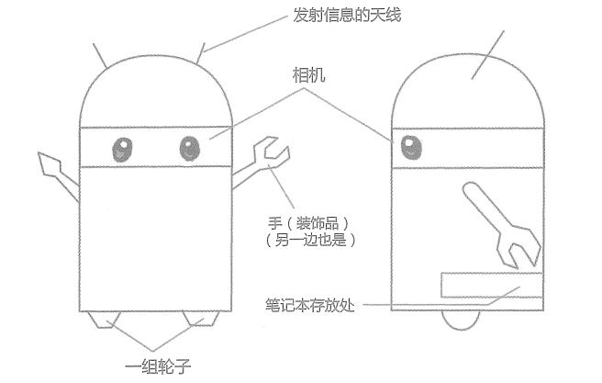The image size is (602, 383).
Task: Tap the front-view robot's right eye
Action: tap(190, 147)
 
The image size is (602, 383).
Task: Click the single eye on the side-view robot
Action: tap(408, 145)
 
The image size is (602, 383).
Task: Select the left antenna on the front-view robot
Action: tap(102, 54)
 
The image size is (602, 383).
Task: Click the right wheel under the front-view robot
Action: tap(200, 318)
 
